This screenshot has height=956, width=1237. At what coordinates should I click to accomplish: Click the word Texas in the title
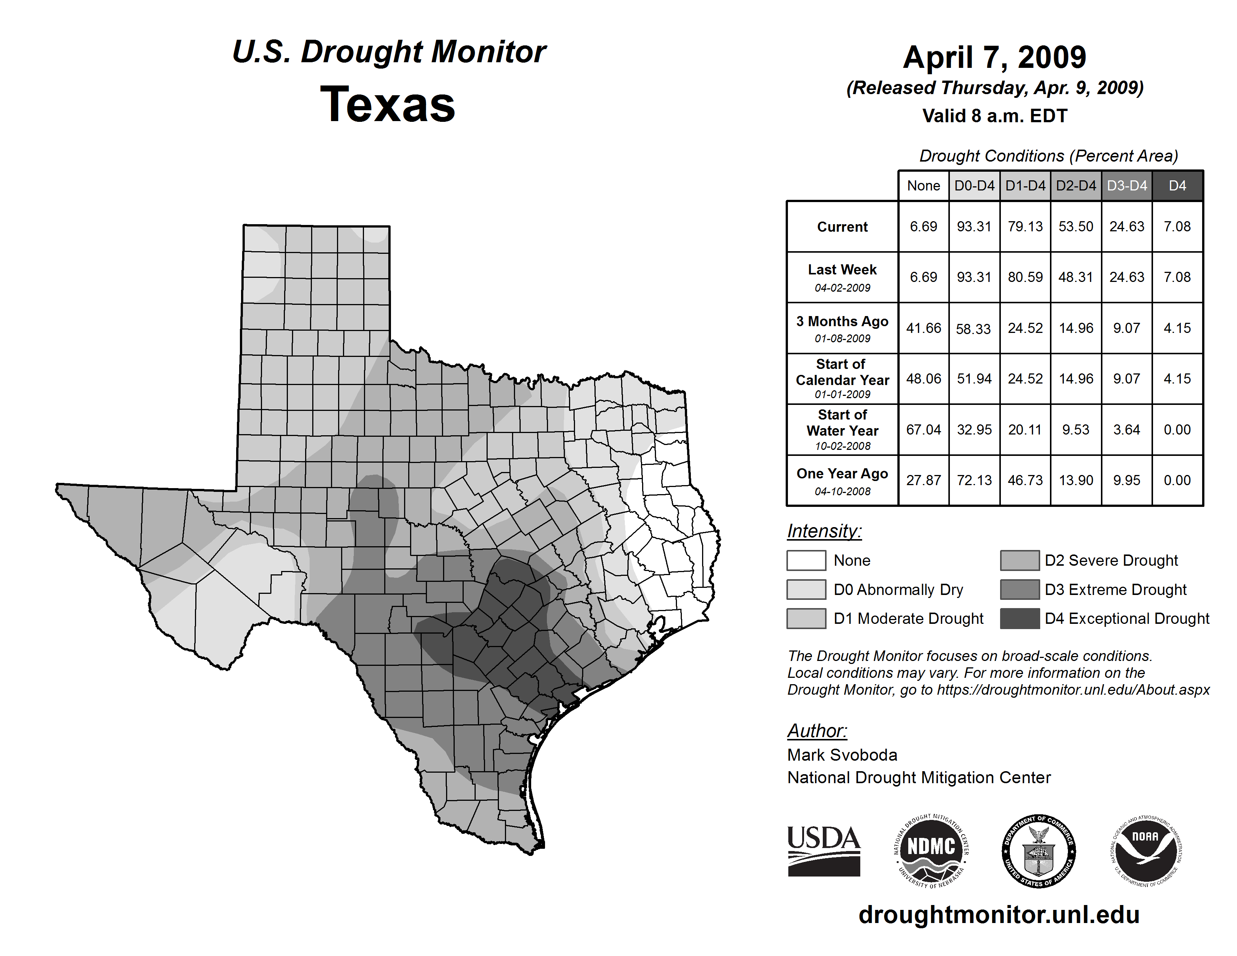[x=388, y=105]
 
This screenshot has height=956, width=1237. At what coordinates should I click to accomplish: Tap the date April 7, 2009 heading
[x=994, y=58]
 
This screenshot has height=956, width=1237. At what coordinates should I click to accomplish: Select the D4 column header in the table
[x=1177, y=186]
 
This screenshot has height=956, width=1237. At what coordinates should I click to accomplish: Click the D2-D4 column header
[x=1075, y=186]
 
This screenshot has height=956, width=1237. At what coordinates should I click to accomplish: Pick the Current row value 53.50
[x=1075, y=226]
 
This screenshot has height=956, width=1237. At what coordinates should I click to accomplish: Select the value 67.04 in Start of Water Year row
[x=923, y=430]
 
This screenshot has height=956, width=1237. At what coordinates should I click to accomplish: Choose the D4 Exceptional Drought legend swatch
[x=1020, y=619]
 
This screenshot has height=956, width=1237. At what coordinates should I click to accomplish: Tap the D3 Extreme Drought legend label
[x=1115, y=590]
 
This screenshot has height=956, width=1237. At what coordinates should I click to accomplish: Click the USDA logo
[x=824, y=851]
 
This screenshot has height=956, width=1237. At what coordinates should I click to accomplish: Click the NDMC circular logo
[x=931, y=851]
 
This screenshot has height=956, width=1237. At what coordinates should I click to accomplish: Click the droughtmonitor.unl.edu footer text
[x=999, y=915]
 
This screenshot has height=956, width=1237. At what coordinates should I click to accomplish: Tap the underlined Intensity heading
[x=824, y=531]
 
